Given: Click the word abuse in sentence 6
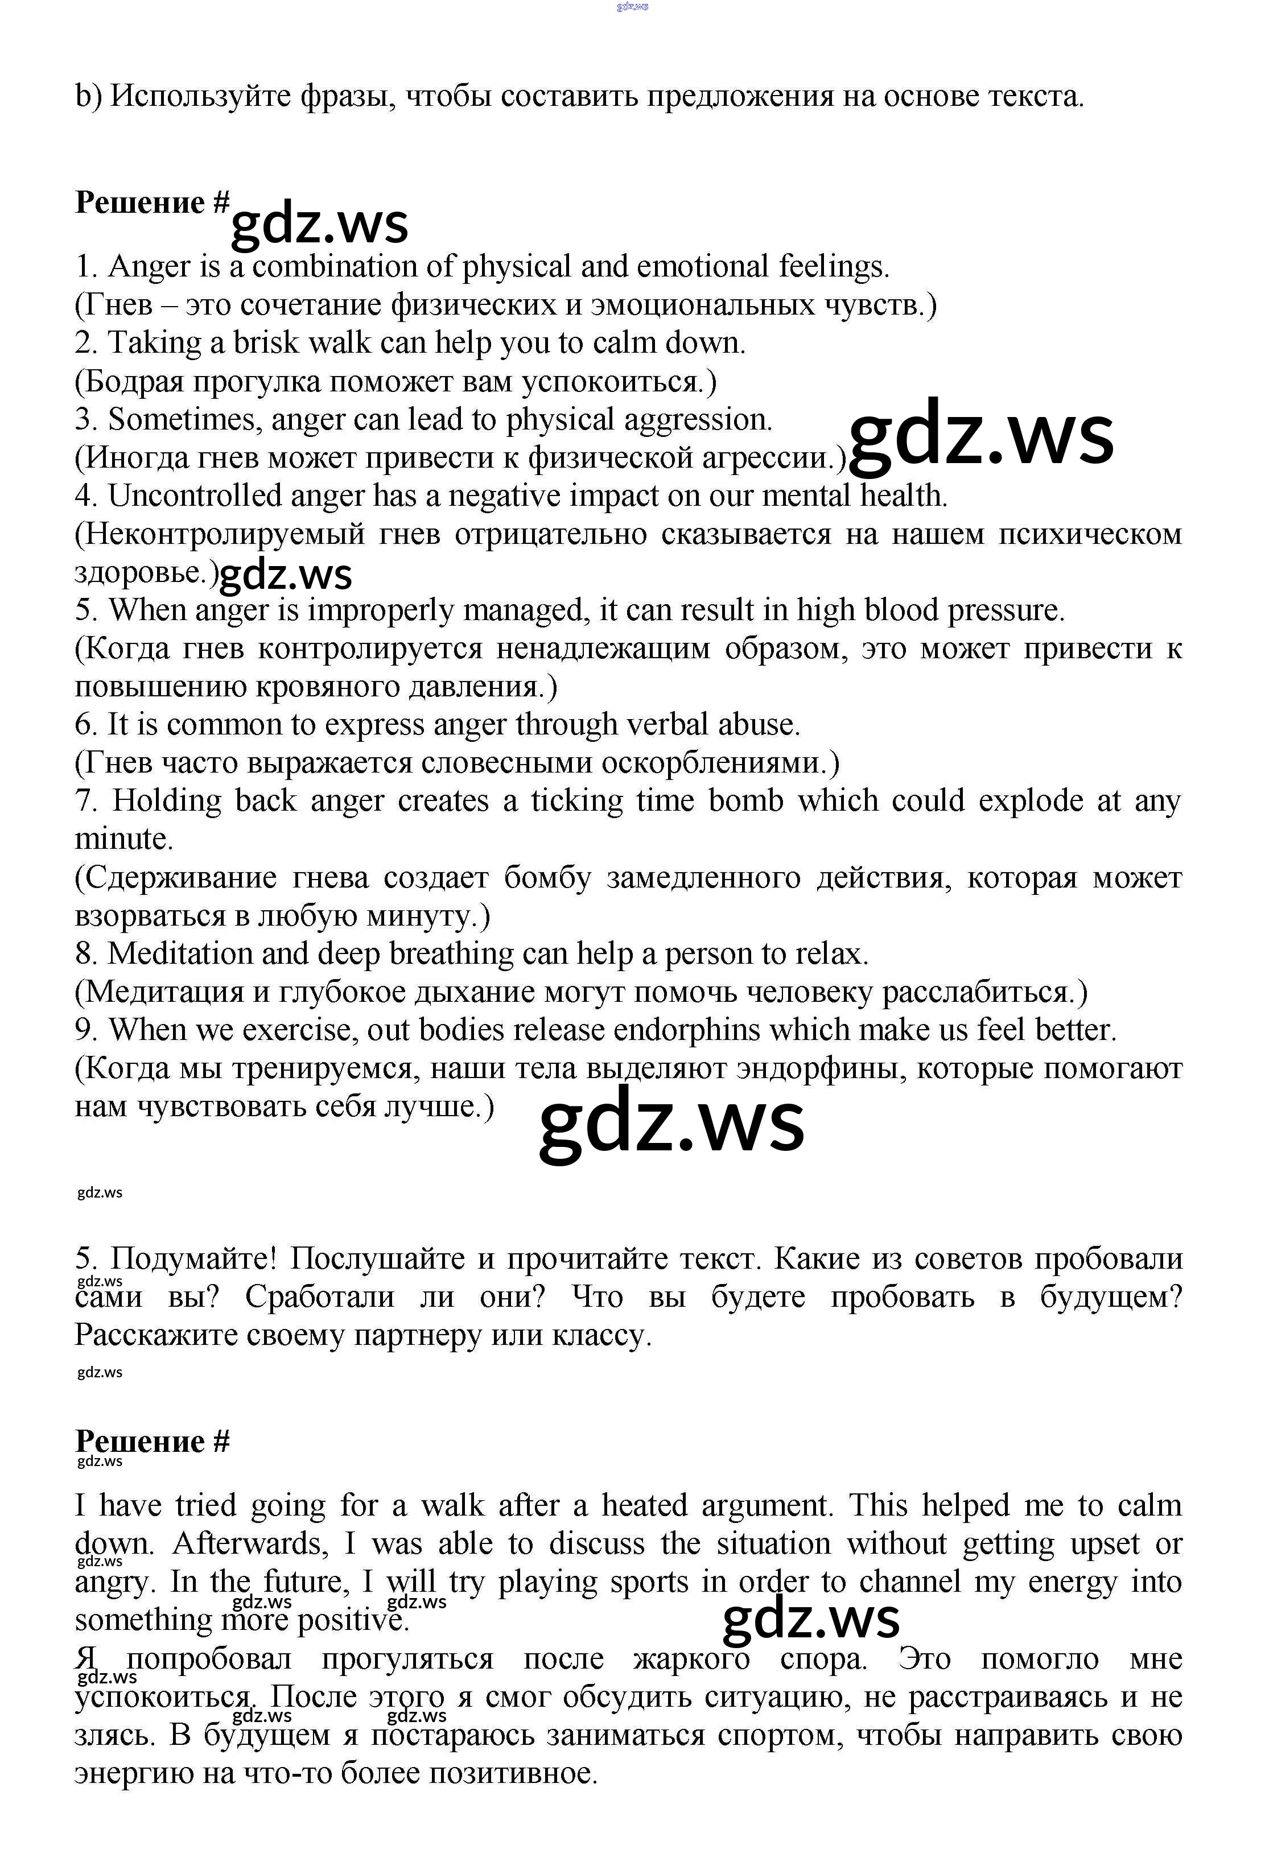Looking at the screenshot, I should pos(759,725).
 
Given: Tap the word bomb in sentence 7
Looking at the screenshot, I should pos(745,800).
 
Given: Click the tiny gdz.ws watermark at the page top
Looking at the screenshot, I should pos(633,6).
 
